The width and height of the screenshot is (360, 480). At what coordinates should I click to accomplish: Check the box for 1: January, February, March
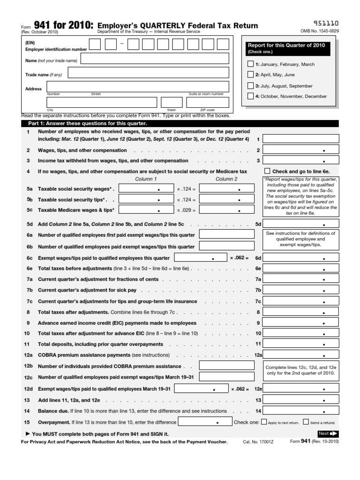tap(250, 64)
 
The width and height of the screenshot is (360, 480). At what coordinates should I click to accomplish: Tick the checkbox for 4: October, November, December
tap(250, 96)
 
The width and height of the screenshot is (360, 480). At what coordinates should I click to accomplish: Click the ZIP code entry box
tap(208, 103)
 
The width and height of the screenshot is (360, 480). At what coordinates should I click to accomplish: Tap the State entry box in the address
tap(172, 103)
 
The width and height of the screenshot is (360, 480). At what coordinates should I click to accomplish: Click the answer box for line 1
tap(301, 139)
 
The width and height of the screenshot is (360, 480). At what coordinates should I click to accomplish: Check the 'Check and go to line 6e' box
tap(268, 172)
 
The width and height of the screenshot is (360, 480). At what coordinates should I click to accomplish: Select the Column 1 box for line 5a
tap(147, 188)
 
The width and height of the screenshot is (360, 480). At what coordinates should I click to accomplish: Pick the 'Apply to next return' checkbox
tap(264, 422)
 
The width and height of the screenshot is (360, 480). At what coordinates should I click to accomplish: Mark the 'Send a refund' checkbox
tap(306, 422)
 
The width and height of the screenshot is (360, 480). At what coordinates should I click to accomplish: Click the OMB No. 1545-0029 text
tap(319, 31)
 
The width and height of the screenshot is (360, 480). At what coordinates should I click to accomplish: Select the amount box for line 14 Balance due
tap(301, 411)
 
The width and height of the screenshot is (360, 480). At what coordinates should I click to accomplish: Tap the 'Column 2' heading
tap(226, 179)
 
